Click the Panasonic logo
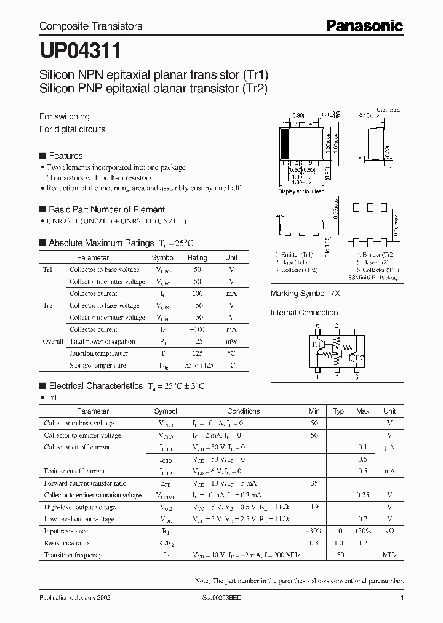[364, 25]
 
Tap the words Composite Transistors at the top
[90, 26]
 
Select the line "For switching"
[65, 116]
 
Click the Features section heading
[65, 156]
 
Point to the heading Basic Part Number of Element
[106, 209]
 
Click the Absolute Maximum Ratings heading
[101, 243]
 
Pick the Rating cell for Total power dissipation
[198, 341]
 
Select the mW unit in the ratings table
[231, 341]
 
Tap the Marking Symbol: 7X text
[305, 294]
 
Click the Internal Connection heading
[305, 313]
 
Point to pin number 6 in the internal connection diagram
[317, 325]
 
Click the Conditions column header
[244, 411]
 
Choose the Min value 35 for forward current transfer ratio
[314, 483]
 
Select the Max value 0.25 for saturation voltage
[363, 495]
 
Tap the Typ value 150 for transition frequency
[338, 555]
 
